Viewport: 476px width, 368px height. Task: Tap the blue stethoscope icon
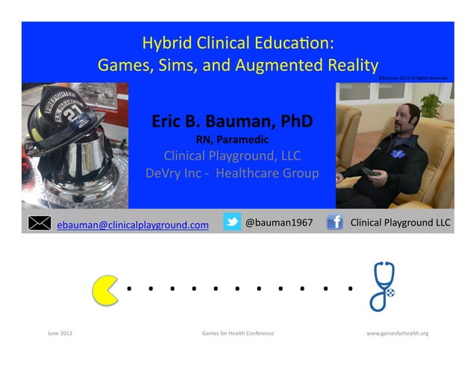(x=383, y=286)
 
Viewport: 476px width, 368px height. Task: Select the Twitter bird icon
(x=232, y=222)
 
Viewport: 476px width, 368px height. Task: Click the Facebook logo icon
(x=335, y=222)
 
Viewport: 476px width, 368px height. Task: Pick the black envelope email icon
(x=40, y=222)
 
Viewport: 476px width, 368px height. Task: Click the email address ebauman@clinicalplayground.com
(x=133, y=224)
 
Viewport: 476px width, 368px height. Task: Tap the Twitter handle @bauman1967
(x=279, y=222)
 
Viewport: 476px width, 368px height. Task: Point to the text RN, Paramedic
(x=232, y=139)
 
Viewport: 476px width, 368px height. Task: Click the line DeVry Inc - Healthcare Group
(x=232, y=173)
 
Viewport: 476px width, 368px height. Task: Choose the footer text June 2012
(x=60, y=333)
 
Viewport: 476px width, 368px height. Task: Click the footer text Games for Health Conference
(x=237, y=333)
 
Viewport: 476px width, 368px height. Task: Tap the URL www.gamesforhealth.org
(x=397, y=333)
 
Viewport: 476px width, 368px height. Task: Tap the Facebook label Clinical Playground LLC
(x=401, y=222)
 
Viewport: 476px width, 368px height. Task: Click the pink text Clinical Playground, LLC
(x=232, y=156)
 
